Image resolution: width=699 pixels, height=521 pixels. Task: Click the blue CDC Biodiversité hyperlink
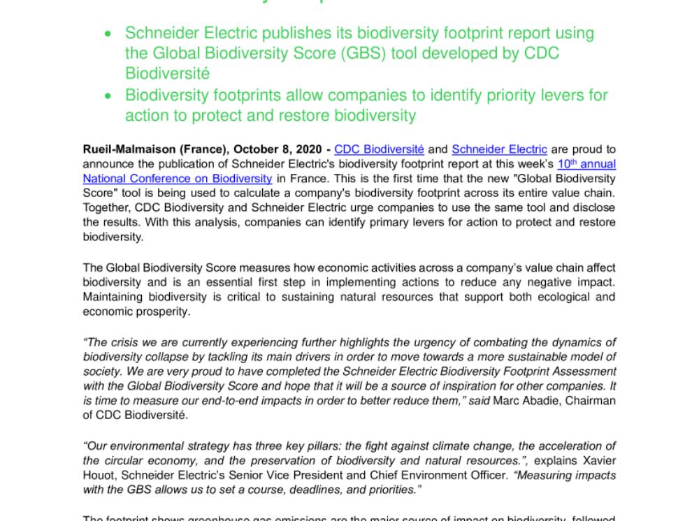[379, 149]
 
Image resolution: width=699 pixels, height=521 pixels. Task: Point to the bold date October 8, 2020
[278, 149]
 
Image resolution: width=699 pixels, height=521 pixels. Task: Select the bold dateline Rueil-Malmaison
[121, 149]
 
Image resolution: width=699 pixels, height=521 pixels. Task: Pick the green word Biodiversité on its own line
[168, 73]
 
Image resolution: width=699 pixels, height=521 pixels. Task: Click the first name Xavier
[598, 461]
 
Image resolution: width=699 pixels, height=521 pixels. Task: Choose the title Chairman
[591, 400]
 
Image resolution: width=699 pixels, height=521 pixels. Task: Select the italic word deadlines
[289, 490]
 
